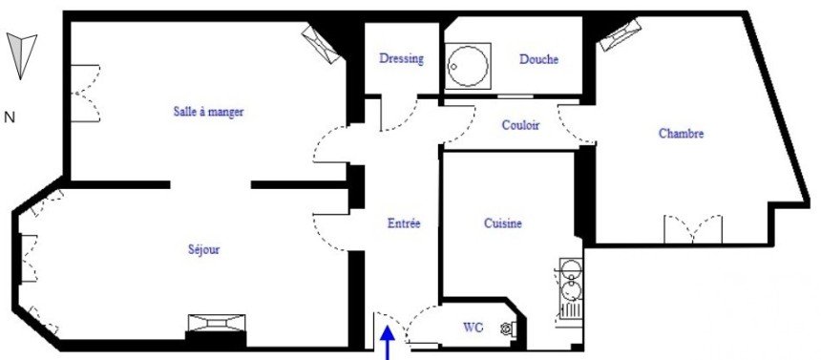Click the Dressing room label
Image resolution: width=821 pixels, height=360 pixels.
tap(402, 58)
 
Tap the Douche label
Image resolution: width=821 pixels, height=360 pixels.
tap(538, 60)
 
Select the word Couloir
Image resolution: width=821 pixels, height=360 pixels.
tap(520, 126)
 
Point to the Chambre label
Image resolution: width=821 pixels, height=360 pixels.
tap(682, 134)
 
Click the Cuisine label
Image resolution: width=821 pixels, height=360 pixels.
tap(503, 223)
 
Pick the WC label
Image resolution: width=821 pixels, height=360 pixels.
tap(473, 328)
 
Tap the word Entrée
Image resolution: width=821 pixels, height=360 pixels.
tap(404, 223)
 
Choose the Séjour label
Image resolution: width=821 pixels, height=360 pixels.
tap(203, 250)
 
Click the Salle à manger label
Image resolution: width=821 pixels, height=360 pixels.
tap(208, 112)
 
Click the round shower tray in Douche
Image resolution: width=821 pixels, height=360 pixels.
tap(468, 66)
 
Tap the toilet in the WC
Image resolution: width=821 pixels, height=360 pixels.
tap(508, 328)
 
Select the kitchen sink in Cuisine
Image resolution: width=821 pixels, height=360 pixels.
tap(571, 288)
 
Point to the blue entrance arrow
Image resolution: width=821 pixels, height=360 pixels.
tap(388, 342)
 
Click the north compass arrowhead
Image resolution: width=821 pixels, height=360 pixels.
tap(21, 55)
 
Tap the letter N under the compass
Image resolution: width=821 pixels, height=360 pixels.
tap(9, 117)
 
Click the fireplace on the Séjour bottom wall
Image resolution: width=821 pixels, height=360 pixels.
tap(217, 324)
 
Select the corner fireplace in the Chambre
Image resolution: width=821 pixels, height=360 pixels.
tap(621, 35)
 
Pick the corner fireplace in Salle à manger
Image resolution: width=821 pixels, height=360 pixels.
tap(321, 45)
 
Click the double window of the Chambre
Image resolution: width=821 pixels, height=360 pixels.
tap(693, 229)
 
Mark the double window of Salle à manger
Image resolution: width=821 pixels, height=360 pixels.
tap(85, 94)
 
